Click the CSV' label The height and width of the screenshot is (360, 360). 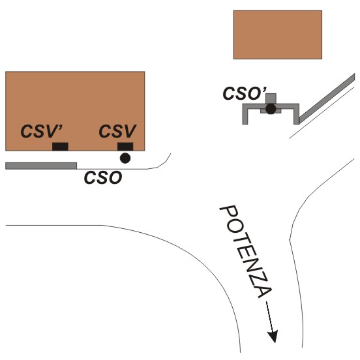point(42,131)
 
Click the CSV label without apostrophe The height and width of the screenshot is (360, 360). point(117,131)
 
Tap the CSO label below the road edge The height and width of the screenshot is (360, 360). point(103,177)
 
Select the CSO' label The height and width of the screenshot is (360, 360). point(245,93)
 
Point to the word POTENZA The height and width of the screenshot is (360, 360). point(246,252)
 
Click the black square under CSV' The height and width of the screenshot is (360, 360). point(60,147)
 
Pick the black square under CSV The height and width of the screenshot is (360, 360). point(125,147)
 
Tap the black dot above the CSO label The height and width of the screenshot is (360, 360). point(125,158)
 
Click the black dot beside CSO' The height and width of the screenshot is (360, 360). point(271,109)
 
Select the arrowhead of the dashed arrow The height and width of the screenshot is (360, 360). point(273,336)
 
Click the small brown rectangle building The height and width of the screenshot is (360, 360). point(278,35)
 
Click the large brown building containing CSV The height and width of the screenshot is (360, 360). point(75,111)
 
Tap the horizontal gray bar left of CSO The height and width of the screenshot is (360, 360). point(41,166)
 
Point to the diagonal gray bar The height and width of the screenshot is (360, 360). point(327,98)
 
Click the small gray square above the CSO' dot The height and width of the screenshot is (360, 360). point(271,98)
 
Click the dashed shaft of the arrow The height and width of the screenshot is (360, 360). point(269,316)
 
